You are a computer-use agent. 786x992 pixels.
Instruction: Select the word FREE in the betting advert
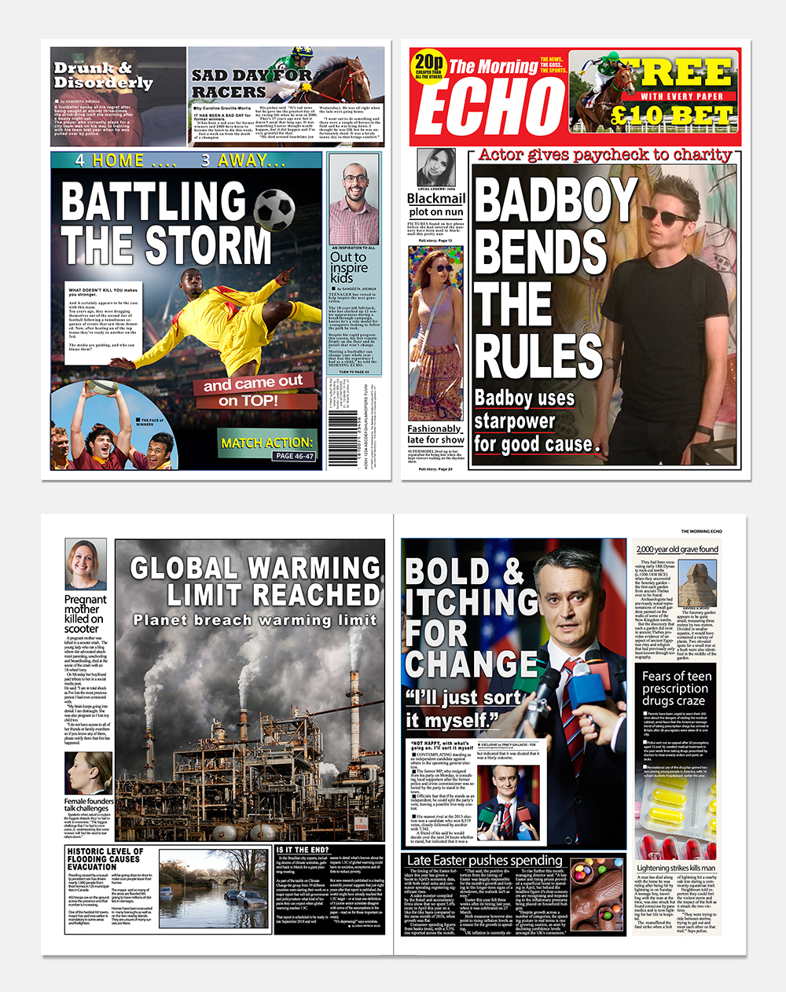tap(683, 73)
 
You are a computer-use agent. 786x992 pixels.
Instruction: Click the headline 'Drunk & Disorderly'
tap(103, 75)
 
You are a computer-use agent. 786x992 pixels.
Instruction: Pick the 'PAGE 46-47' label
tap(295, 456)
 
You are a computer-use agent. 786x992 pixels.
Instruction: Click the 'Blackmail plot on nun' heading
tap(436, 204)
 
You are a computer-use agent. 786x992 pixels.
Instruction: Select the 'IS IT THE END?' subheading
tap(303, 850)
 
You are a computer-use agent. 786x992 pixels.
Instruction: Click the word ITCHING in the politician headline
tap(472, 603)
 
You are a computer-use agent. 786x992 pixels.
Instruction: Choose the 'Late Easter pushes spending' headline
tap(484, 860)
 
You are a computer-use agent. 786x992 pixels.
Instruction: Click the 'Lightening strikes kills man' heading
tap(676, 868)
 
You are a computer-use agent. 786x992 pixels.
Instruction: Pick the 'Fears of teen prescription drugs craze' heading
tap(676, 688)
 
